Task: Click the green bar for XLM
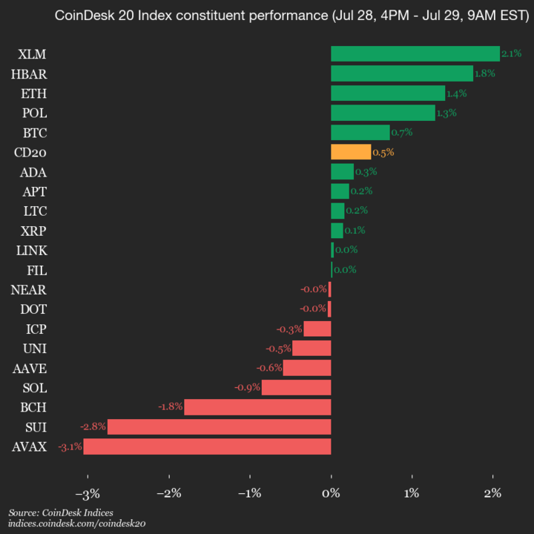(x=415, y=53)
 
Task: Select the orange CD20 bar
(x=351, y=152)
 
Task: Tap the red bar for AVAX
(x=207, y=446)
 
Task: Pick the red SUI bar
(x=219, y=426)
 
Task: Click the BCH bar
(x=257, y=407)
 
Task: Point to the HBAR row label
(x=29, y=73)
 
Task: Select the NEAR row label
(x=29, y=289)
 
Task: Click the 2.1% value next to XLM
(x=511, y=53)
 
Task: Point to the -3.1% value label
(x=70, y=446)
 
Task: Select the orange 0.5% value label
(x=383, y=152)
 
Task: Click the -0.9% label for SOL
(x=247, y=387)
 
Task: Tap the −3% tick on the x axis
(x=88, y=493)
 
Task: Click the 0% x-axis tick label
(x=331, y=493)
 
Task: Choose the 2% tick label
(x=492, y=493)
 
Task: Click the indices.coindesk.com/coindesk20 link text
(x=76, y=524)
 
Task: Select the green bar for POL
(x=383, y=113)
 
